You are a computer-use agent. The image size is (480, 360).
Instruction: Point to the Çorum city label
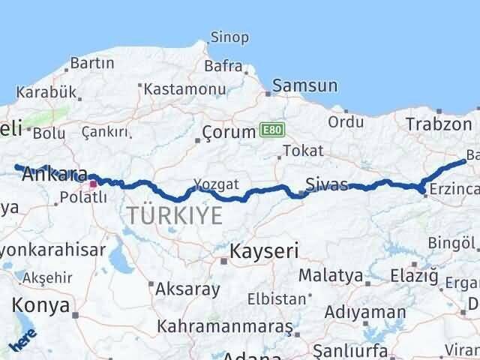click(229, 133)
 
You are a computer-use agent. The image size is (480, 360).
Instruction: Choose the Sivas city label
click(326, 184)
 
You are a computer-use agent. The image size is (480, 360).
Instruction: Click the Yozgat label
click(216, 184)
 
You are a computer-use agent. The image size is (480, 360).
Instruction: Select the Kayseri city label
click(265, 250)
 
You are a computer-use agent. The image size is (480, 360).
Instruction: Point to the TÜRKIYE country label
click(174, 215)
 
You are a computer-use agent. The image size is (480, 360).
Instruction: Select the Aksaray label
click(188, 288)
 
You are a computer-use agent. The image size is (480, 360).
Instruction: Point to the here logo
click(22, 344)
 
